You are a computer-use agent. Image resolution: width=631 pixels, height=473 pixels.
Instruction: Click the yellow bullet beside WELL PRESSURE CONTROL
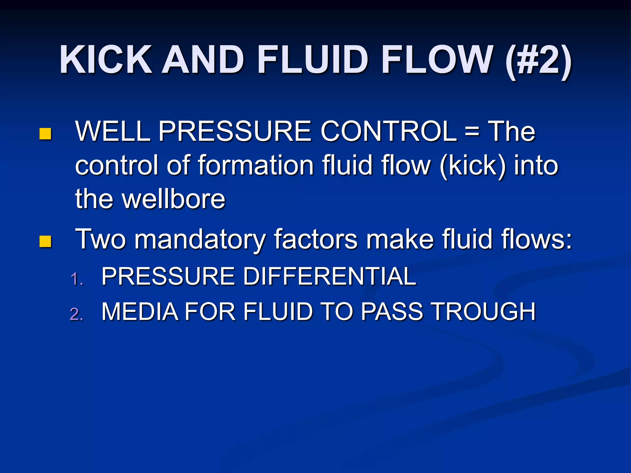45,134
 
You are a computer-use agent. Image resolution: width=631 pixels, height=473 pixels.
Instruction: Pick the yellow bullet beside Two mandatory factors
45,242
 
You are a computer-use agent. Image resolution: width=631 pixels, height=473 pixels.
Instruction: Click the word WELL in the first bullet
112,131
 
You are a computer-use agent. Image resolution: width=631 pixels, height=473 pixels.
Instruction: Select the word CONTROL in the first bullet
389,131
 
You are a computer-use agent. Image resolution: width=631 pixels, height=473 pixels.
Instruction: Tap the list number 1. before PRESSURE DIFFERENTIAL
77,279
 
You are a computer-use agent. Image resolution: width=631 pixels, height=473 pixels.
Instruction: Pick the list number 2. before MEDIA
77,314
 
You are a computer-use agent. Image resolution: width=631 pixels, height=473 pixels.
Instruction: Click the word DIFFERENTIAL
329,276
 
